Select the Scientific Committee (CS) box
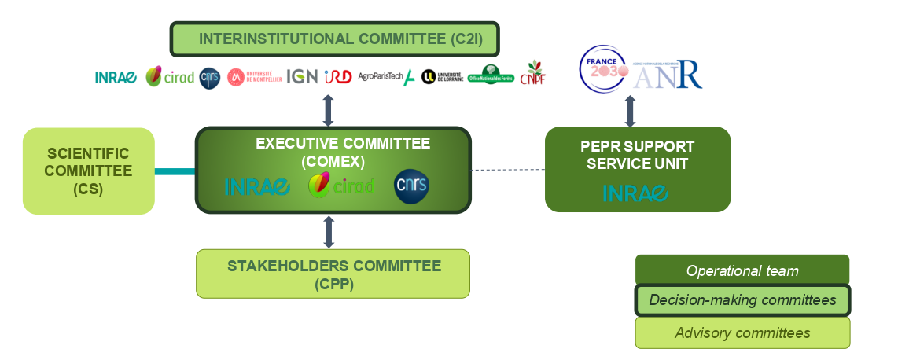(88, 171)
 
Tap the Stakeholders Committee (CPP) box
(333, 274)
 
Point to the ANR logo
(668, 75)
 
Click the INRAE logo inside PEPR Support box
(635, 193)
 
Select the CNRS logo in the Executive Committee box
(411, 186)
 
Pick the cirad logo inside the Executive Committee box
(340, 186)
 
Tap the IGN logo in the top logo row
(302, 76)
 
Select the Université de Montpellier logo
(254, 76)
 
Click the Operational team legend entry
(742, 270)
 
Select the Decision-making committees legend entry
(742, 301)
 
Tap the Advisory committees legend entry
(742, 332)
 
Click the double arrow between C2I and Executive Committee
(329, 110)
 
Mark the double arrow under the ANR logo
(630, 112)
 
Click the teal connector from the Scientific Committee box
(175, 171)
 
